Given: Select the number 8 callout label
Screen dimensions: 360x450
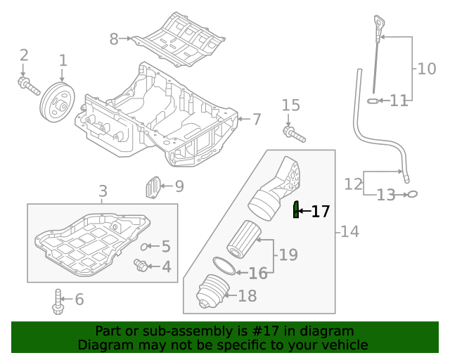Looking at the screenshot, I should tap(114, 39).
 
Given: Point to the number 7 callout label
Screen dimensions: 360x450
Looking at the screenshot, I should tap(257, 120).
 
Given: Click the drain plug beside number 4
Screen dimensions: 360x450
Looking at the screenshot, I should tap(142, 266).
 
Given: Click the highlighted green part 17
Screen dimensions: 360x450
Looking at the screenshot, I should tap(296, 209).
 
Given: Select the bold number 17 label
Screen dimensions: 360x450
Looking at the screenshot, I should tap(320, 211).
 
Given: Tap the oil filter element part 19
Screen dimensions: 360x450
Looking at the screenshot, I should tap(243, 239).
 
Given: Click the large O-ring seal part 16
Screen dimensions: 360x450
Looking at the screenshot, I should tap(224, 265).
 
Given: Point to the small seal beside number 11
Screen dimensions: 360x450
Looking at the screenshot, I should tap(373, 101).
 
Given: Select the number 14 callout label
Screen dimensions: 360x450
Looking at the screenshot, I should tap(349, 231).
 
